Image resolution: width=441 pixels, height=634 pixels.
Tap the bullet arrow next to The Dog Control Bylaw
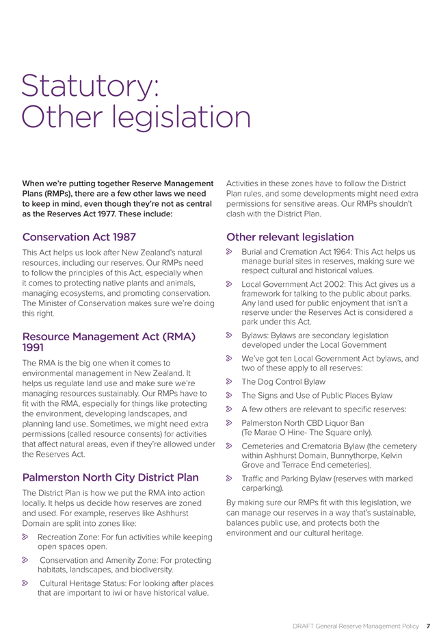tap(230, 381)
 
